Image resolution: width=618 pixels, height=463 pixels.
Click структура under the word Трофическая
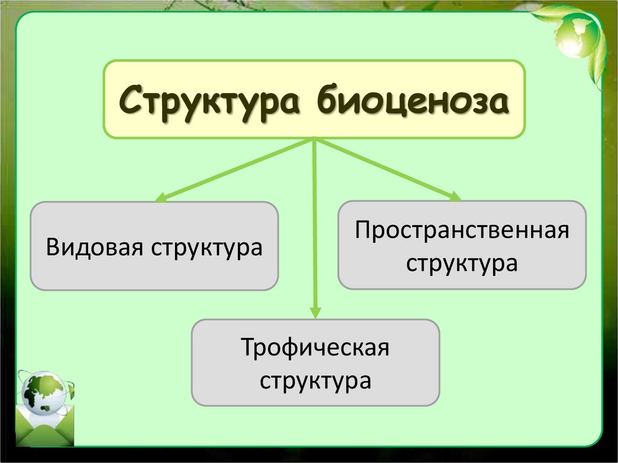[x=316, y=382]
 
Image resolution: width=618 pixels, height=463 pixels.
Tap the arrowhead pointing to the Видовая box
[x=161, y=197]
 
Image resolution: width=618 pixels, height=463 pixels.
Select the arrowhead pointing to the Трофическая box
[x=314, y=311]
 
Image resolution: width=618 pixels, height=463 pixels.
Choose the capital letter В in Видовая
[x=53, y=247]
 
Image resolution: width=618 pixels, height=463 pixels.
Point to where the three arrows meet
[x=314, y=139]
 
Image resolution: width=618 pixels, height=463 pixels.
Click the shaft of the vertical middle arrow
[x=314, y=229]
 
